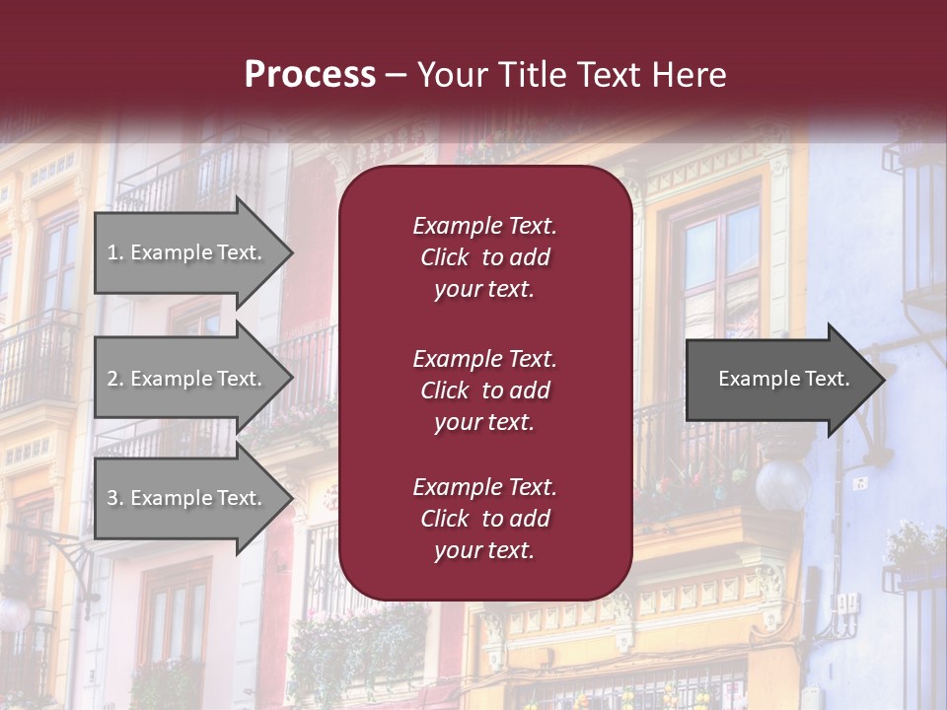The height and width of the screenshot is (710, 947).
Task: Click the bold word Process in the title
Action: tap(310, 75)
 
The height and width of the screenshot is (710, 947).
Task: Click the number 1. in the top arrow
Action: tap(115, 252)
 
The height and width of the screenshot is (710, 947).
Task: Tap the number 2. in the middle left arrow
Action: tap(115, 379)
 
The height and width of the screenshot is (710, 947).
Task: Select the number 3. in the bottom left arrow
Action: tap(115, 498)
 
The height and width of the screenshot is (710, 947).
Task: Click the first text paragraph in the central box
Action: tap(484, 257)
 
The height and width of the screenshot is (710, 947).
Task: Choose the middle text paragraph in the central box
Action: tap(484, 390)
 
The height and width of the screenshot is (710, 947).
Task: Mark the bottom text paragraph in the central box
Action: tap(484, 519)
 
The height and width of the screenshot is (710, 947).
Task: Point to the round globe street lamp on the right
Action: tap(782, 484)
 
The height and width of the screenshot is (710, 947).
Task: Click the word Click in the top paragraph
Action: tap(444, 257)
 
